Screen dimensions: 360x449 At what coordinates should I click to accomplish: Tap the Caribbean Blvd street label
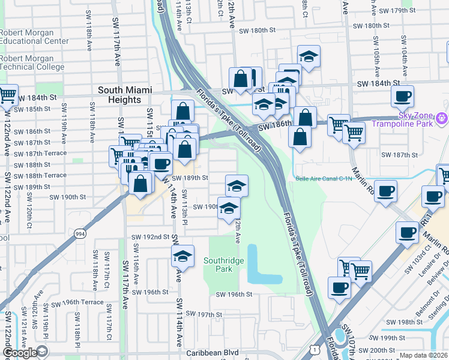click(x=212, y=353)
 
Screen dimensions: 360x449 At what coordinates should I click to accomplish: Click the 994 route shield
click(x=78, y=233)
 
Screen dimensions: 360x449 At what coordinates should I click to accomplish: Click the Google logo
click(x=19, y=353)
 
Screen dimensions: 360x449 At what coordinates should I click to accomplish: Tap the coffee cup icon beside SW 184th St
click(x=402, y=95)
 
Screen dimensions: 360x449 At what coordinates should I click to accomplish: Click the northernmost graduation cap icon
click(x=309, y=56)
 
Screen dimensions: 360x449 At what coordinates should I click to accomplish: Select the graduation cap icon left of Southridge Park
click(x=182, y=256)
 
